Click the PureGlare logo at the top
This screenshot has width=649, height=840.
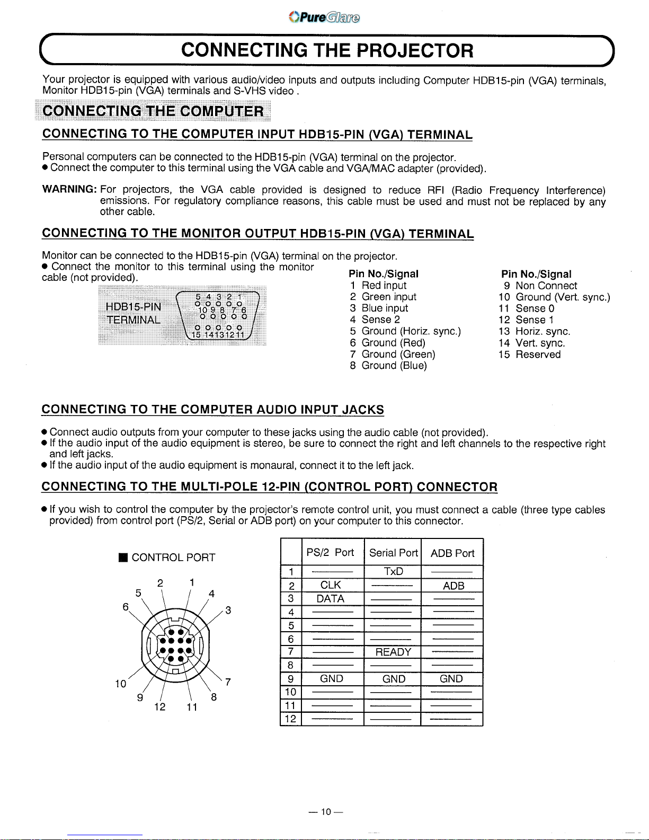tap(324, 17)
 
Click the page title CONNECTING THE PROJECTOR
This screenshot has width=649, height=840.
tap(327, 50)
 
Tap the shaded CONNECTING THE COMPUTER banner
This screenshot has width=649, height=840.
tap(153, 111)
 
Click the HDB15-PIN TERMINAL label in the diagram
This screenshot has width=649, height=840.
tap(134, 313)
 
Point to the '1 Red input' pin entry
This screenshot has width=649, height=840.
tap(378, 286)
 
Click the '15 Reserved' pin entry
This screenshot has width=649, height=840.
tap(529, 355)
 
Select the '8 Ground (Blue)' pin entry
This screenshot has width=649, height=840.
tap(388, 366)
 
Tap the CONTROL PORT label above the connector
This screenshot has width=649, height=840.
tap(167, 558)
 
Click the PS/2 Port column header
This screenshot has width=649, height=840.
tap(330, 553)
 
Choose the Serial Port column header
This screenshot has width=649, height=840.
tap(393, 553)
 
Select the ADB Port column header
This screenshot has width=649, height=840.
tap(452, 553)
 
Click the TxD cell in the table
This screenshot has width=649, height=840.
tap(393, 571)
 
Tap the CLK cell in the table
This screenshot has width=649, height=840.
tap(331, 585)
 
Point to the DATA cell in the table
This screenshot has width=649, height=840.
tap(331, 599)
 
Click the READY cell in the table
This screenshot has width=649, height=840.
tap(393, 652)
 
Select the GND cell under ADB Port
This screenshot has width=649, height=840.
tap(451, 679)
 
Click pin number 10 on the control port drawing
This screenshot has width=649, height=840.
tap(121, 684)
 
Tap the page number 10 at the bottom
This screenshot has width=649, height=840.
tap(325, 812)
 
